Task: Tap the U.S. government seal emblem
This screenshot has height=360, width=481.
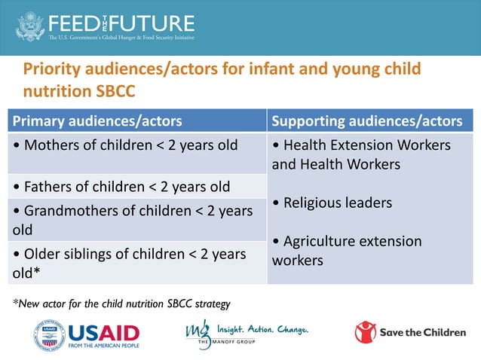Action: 30,25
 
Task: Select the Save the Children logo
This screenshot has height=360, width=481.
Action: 409,332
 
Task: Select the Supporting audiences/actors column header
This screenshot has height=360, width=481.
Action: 366,121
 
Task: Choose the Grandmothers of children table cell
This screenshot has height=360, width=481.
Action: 133,219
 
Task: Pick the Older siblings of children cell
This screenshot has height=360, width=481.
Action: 129,262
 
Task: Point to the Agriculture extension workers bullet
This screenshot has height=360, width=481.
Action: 347,251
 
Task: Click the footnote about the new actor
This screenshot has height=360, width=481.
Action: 121,304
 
